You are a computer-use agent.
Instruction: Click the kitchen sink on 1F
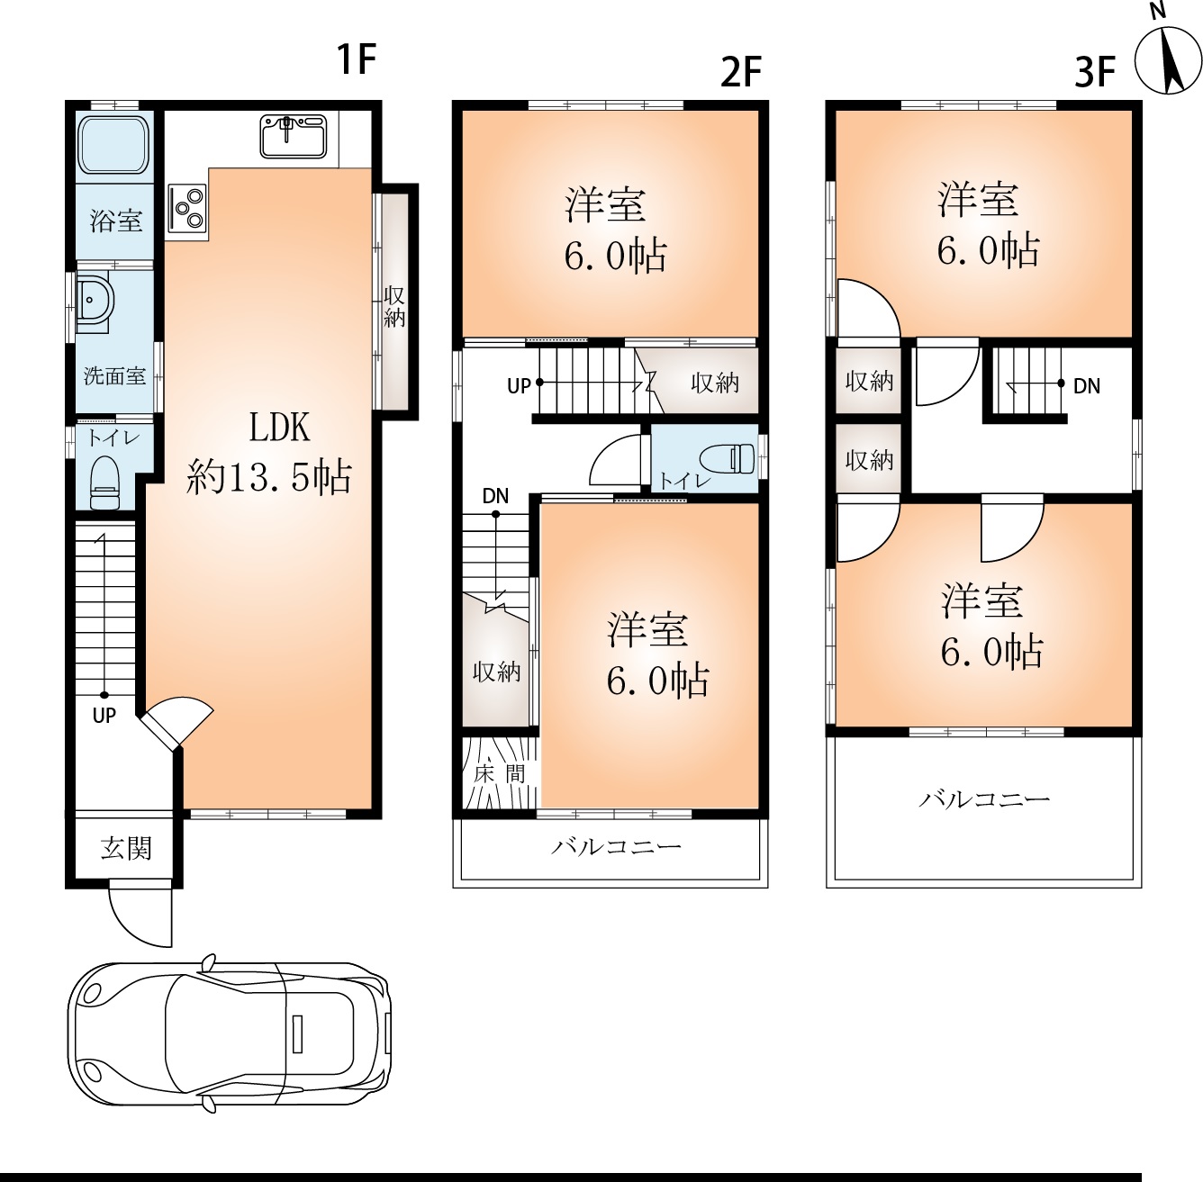point(294,136)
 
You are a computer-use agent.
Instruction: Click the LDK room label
point(279,429)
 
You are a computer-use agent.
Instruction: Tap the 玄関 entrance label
point(126,849)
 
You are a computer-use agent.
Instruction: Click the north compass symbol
point(1167,62)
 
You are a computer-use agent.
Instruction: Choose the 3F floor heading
point(1095,71)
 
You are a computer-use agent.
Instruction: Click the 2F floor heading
point(741,71)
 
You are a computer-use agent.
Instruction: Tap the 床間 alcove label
point(499,774)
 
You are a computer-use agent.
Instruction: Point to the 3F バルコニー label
point(984,799)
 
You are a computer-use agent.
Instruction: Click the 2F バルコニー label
point(615,847)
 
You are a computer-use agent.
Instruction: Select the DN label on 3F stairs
point(1086,386)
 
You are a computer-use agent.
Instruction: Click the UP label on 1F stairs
point(104,716)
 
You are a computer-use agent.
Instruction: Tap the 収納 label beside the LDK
point(393,307)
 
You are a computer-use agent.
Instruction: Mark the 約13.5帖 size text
point(268,477)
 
